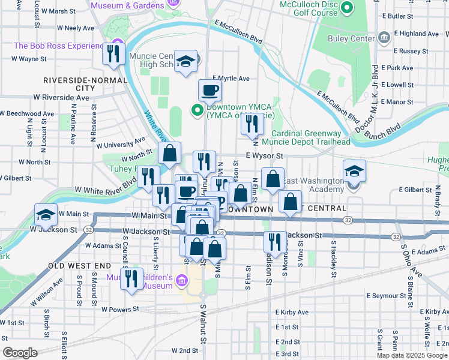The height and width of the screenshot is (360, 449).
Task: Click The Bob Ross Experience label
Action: [59, 46]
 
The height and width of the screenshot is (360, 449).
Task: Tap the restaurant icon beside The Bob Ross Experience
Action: [113, 53]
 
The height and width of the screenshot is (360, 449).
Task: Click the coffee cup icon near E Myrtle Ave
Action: [209, 90]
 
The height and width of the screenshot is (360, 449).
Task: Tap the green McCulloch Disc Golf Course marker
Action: [346, 8]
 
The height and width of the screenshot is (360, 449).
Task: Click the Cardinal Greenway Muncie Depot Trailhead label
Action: [310, 137]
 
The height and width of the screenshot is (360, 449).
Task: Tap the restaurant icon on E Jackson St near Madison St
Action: [275, 242]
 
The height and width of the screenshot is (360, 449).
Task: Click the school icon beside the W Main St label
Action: [46, 214]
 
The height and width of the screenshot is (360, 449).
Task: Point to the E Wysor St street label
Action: [264, 155]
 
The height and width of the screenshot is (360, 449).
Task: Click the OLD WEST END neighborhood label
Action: [80, 265]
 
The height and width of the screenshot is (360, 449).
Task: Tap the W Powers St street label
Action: [120, 310]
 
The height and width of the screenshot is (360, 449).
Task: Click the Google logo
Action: [20, 353]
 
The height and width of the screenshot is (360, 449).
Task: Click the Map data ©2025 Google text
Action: [412, 355]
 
